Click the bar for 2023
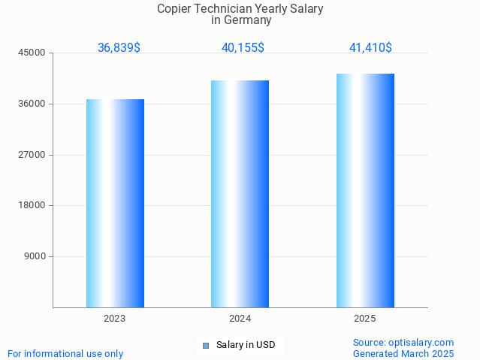tap(115, 203)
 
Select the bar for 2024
tap(240, 194)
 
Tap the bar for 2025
tap(365, 190)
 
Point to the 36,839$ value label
tap(119, 48)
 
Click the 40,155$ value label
tap(243, 48)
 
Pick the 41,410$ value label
tap(370, 48)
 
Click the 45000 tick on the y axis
tap(33, 53)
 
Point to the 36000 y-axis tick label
tap(33, 104)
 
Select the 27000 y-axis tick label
tap(33, 155)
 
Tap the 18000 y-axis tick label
tap(33, 206)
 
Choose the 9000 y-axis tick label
tap(35, 256)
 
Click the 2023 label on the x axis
tap(115, 319)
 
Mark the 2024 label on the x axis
tap(240, 319)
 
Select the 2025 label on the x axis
tap(365, 319)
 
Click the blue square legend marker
tap(205, 346)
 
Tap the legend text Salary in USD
tap(246, 346)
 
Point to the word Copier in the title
tap(174, 8)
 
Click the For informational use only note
tap(65, 354)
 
